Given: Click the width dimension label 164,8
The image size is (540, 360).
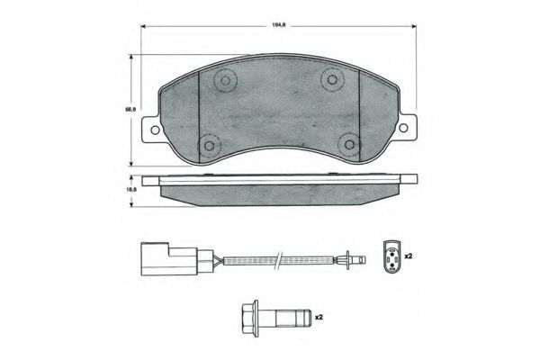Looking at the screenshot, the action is coord(279,25).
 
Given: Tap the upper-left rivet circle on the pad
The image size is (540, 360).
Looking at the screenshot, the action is coord(225,81).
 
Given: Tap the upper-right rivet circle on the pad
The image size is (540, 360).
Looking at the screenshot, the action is coord(332,80).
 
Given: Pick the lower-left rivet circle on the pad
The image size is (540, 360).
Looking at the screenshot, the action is coord(209,146).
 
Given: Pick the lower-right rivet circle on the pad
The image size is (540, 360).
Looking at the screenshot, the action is coord(349,144).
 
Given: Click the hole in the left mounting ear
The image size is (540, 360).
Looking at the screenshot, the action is coord(155,130).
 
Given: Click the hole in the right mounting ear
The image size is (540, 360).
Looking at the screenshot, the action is coord(403,128).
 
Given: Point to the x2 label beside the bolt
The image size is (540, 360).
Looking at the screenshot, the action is coord(319,317).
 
